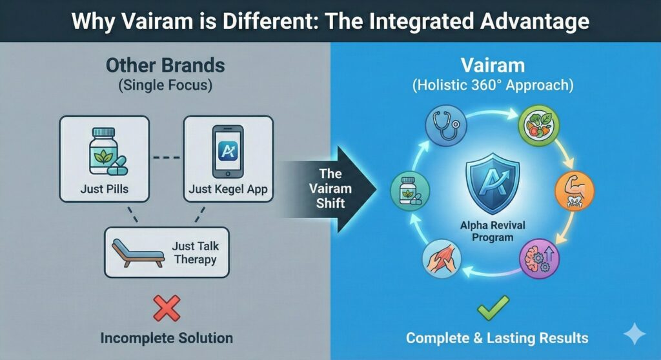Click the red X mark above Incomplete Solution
click(167, 308)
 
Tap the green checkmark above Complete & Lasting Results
click(493, 308)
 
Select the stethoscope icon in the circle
click(445, 126)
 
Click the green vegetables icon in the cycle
click(538, 125)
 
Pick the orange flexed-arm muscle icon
click(574, 191)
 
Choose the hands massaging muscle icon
click(442, 259)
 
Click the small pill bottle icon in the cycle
click(410, 191)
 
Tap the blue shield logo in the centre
click(493, 183)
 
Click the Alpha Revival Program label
click(493, 231)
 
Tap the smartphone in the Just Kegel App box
click(228, 152)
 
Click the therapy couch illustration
click(138, 252)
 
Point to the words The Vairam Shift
click(330, 188)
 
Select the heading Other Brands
click(165, 65)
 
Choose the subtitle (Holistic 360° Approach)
click(493, 85)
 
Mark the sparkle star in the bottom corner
click(635, 334)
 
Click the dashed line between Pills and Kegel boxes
click(166, 157)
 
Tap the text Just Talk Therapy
click(195, 252)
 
